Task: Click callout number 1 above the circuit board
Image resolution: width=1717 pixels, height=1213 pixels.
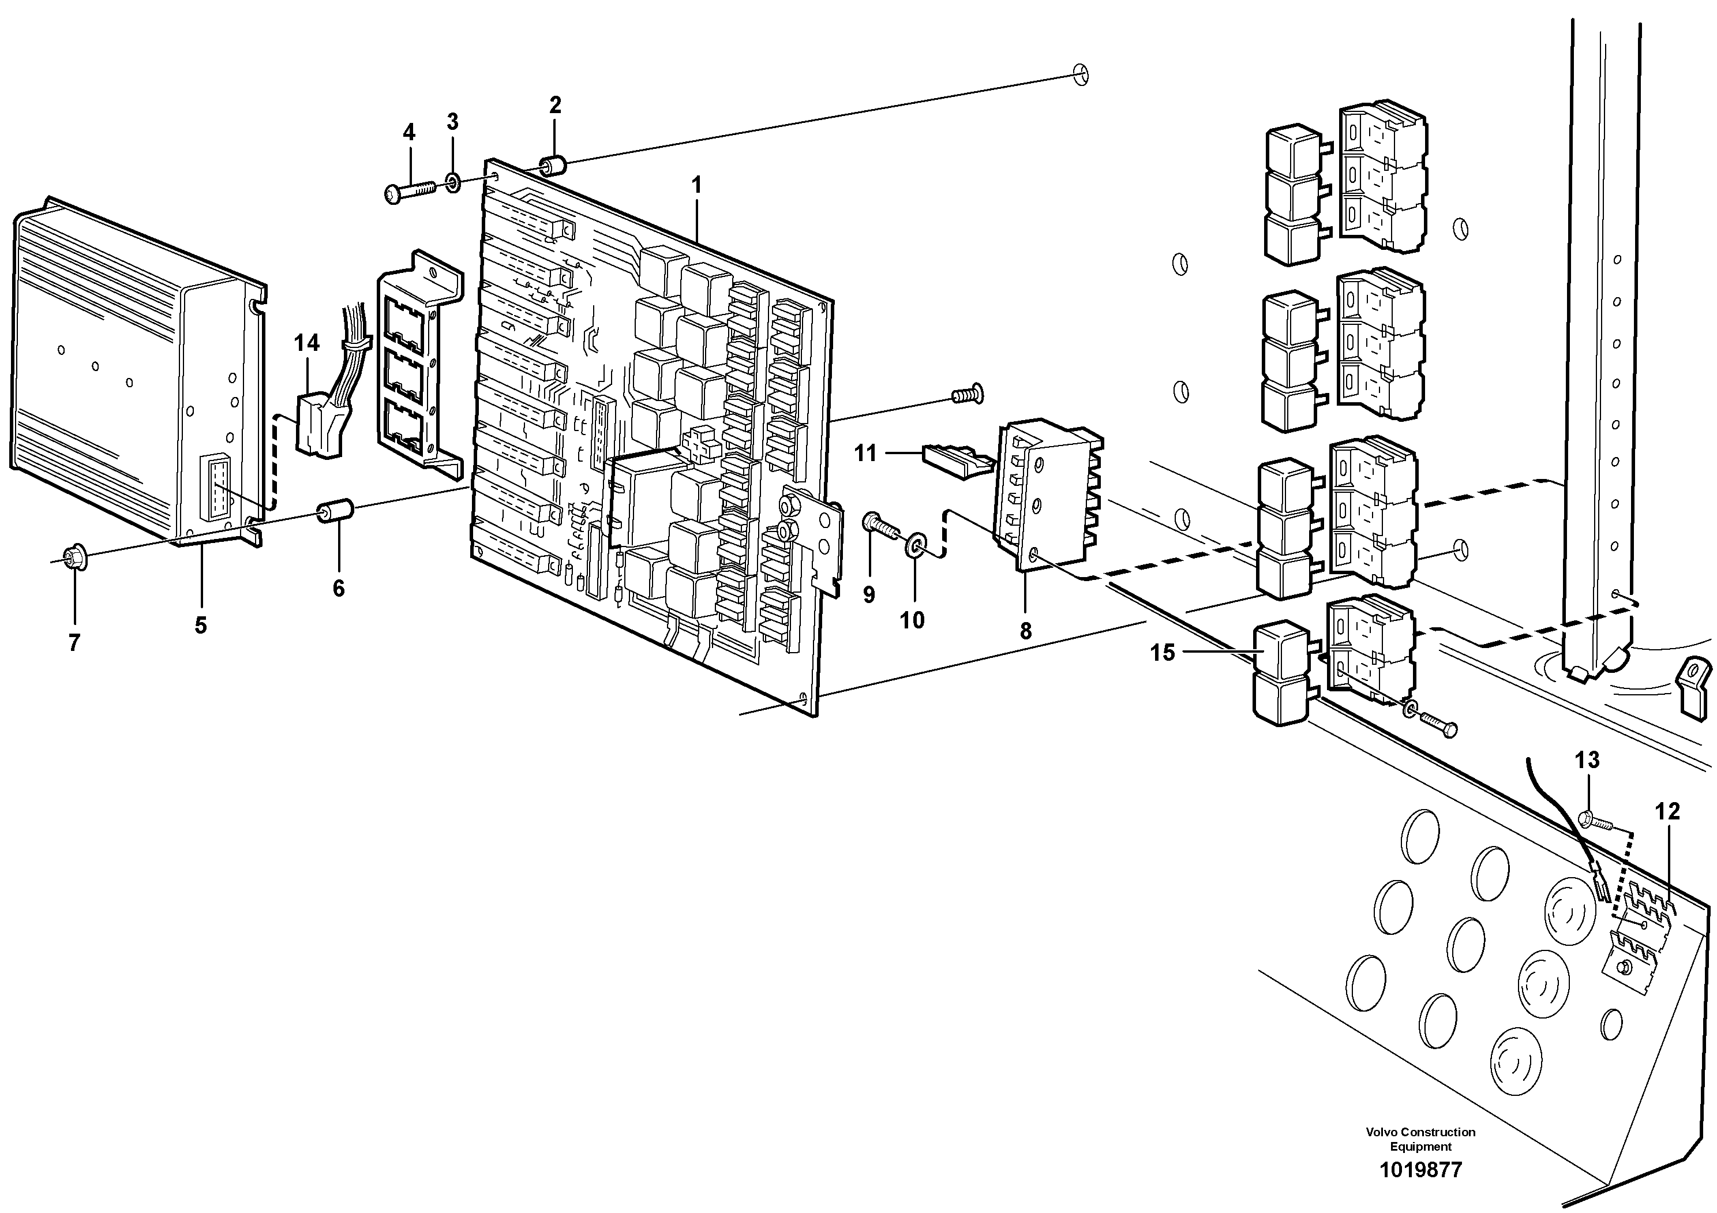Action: click(x=697, y=185)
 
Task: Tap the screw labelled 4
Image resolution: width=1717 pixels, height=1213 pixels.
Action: click(x=409, y=194)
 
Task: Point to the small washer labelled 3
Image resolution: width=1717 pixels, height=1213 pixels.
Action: click(x=453, y=182)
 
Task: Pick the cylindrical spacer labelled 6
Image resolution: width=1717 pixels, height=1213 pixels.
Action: click(x=335, y=513)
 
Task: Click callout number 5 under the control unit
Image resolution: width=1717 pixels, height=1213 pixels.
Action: click(x=200, y=625)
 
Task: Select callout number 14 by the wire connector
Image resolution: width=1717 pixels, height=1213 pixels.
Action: click(x=306, y=343)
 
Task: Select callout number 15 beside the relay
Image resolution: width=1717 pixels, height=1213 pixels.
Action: click(x=1162, y=653)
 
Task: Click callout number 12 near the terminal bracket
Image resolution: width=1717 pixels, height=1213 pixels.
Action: click(x=1667, y=811)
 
